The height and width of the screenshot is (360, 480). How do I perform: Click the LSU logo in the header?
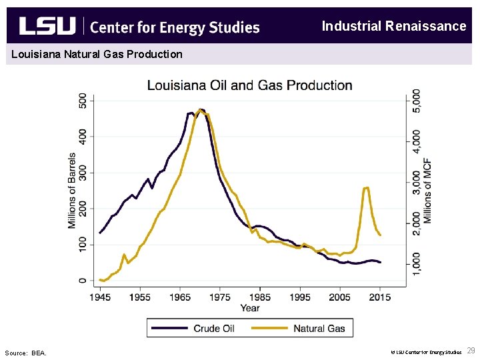(x=47, y=27)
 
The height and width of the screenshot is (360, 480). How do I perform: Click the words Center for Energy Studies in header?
(x=174, y=27)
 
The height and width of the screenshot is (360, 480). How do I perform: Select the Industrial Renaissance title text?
(x=393, y=26)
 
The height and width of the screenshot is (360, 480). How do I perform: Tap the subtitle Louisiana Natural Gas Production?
(x=97, y=54)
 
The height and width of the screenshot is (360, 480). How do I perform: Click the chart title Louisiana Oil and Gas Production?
(x=249, y=85)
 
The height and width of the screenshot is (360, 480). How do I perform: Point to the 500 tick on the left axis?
(x=83, y=100)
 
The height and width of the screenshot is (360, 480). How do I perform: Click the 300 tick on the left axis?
(x=83, y=173)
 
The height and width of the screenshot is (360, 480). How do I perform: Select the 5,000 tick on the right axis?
(x=417, y=101)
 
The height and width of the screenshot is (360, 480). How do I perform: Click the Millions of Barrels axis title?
(x=71, y=191)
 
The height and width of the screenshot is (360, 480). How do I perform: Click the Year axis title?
(x=250, y=307)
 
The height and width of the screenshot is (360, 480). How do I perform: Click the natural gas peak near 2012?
(x=366, y=188)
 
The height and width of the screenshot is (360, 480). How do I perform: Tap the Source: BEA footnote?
(x=25, y=353)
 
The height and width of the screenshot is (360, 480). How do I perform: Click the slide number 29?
(x=471, y=351)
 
